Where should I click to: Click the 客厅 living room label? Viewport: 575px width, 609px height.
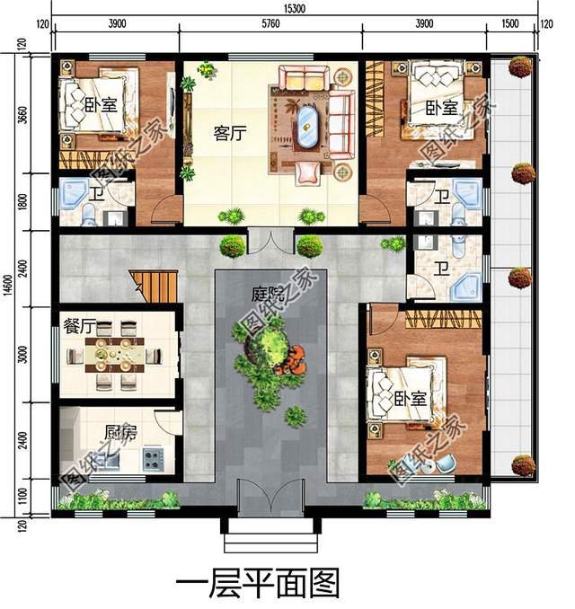[231, 132]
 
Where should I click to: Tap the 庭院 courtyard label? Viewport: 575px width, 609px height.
[266, 292]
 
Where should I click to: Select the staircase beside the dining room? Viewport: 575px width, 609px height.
[155, 286]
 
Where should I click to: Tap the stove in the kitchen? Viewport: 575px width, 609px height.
[152, 461]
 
